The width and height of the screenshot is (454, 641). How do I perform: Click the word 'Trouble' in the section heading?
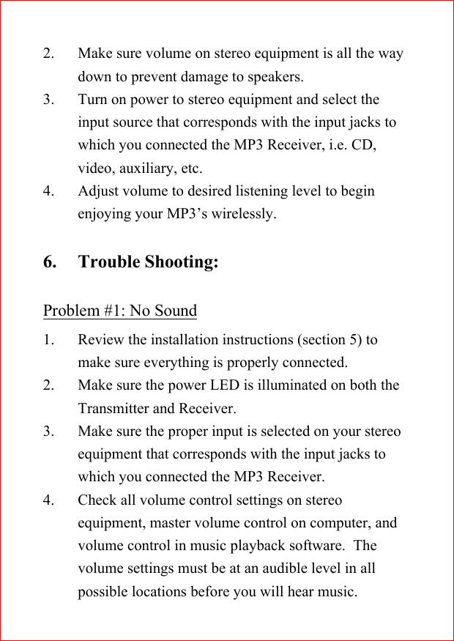point(109,262)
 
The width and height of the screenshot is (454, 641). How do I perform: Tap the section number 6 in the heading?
point(50,262)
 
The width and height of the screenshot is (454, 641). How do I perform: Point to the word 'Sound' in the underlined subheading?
point(176,311)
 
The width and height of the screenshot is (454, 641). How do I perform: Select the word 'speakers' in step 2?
point(275,77)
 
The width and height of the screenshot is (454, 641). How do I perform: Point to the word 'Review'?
point(101,340)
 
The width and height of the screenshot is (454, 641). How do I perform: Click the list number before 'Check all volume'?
point(48,500)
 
